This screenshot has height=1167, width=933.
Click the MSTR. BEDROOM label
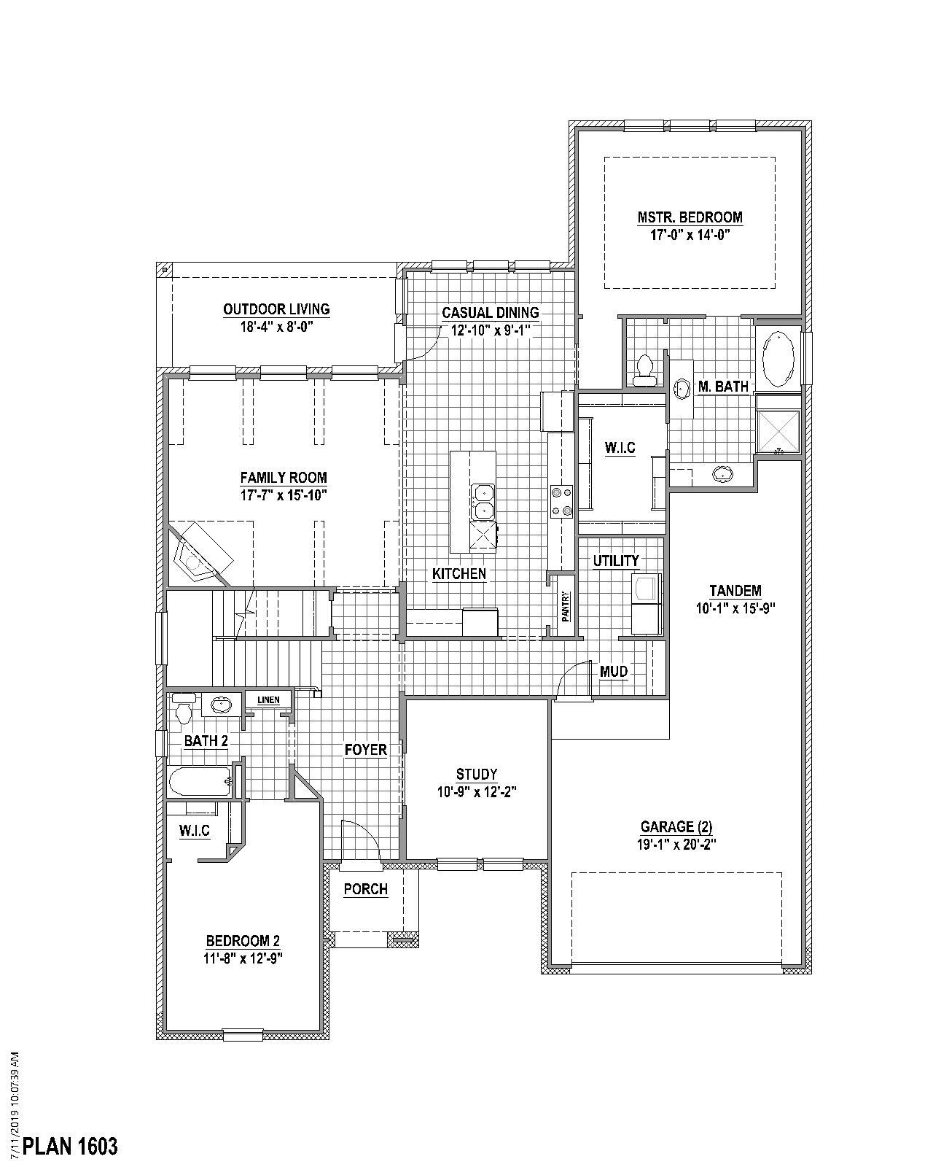click(x=690, y=217)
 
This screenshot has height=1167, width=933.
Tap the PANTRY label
click(x=565, y=606)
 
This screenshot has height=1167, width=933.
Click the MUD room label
click(x=613, y=672)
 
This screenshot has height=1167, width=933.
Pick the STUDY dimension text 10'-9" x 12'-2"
click(x=477, y=792)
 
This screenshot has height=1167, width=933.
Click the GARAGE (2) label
click(x=676, y=826)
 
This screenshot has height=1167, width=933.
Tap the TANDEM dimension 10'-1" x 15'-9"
click(x=735, y=608)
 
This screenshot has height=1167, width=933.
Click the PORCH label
click(x=365, y=889)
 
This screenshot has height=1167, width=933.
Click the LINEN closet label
click(x=268, y=700)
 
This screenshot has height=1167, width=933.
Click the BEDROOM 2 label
click(x=243, y=940)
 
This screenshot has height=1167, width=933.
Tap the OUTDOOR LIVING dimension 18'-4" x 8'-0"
click(x=276, y=327)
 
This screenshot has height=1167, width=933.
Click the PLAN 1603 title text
click(x=70, y=1146)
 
